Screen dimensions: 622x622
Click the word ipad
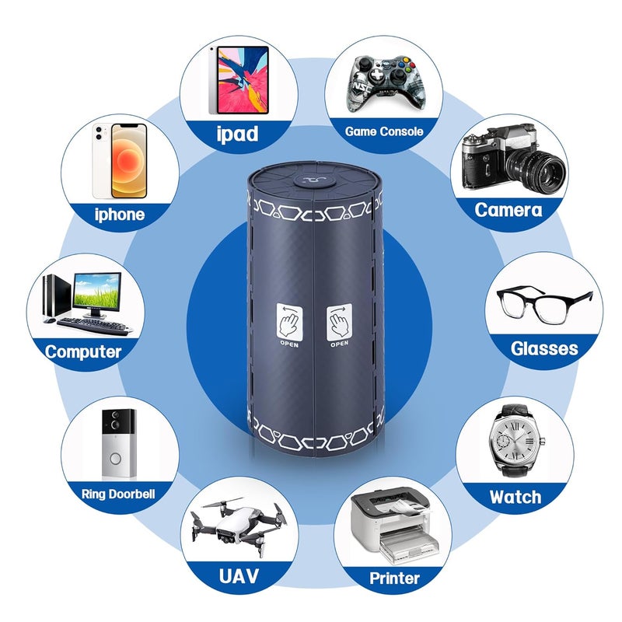(238, 134)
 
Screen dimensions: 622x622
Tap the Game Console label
(384, 131)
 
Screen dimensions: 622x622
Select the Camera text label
(508, 210)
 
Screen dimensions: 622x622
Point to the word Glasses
(544, 348)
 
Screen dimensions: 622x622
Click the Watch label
(515, 497)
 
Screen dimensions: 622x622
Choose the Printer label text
(394, 578)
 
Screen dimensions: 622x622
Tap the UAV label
(239, 576)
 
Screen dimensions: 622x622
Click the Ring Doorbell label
(118, 494)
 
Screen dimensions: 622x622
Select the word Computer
(83, 352)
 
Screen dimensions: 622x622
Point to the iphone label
(120, 215)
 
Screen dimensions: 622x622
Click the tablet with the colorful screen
(239, 80)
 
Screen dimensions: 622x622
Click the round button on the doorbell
(115, 460)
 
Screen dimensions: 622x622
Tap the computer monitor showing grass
(96, 292)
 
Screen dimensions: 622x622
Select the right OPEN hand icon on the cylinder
(339, 322)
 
